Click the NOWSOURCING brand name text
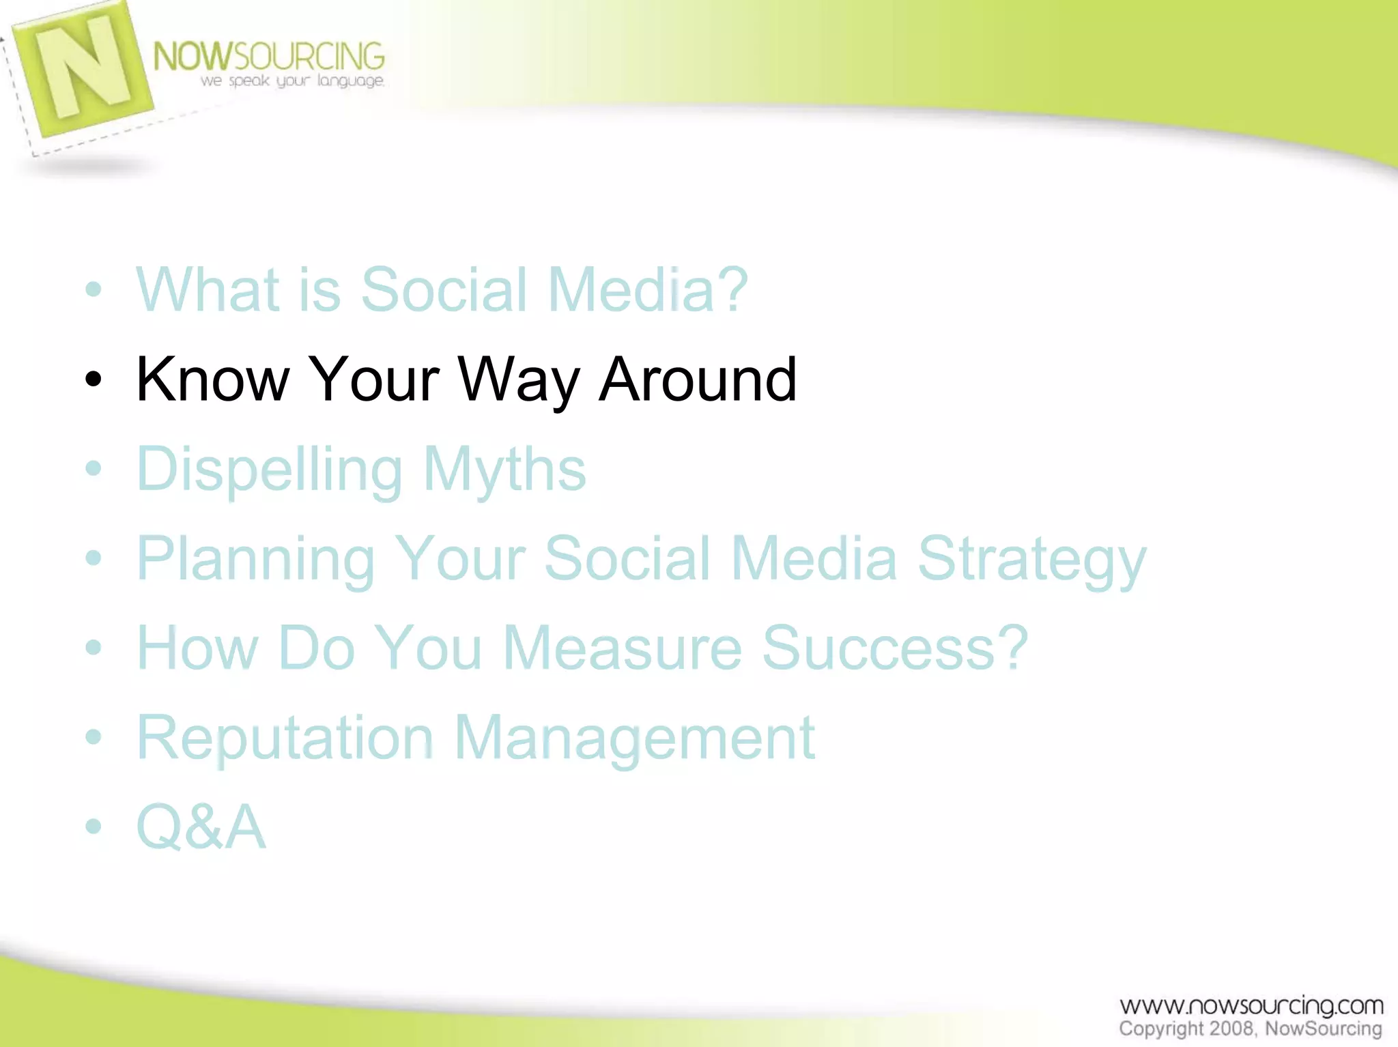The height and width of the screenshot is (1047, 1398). point(268,57)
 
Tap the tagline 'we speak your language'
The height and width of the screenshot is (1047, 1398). point(292,81)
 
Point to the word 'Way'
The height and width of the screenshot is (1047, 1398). point(518,381)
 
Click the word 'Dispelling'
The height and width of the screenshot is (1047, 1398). point(270,470)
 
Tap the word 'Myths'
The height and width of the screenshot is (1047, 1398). point(504,470)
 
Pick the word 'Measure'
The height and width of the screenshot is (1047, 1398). point(622,648)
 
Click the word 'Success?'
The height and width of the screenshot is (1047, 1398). point(895,648)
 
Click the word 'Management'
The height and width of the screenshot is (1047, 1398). point(634,738)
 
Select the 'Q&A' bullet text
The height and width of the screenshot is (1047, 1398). point(201,827)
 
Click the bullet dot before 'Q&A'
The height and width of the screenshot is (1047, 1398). point(94,827)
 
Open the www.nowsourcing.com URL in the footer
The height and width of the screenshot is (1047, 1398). point(1251,1005)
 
